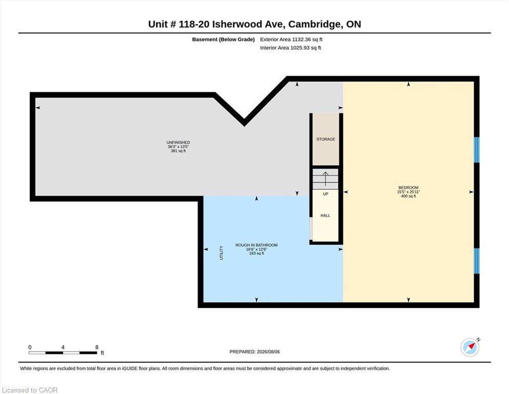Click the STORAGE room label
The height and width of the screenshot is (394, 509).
(325, 139)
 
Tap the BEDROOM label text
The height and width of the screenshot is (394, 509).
(409, 187)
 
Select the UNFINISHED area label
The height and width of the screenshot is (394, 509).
(178, 142)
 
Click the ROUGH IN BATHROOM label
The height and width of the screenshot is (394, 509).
(256, 245)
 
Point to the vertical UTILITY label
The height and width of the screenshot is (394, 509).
(221, 253)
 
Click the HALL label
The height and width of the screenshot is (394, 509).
(325, 215)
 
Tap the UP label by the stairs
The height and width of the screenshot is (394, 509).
(325, 194)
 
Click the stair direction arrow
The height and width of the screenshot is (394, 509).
(325, 179)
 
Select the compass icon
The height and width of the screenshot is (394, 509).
(470, 347)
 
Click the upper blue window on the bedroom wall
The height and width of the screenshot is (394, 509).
(477, 150)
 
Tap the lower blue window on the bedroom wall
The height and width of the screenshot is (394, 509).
(477, 261)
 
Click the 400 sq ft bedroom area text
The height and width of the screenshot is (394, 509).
(409, 196)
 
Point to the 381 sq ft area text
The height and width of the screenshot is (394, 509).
(178, 151)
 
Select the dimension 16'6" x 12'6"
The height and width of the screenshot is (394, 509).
(256, 249)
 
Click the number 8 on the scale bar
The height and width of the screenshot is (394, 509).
(97, 347)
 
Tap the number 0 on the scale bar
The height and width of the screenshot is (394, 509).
(30, 347)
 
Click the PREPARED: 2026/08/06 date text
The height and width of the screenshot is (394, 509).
(254, 351)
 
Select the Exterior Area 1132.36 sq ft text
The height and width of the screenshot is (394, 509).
(291, 40)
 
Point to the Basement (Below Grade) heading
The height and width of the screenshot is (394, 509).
(223, 40)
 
